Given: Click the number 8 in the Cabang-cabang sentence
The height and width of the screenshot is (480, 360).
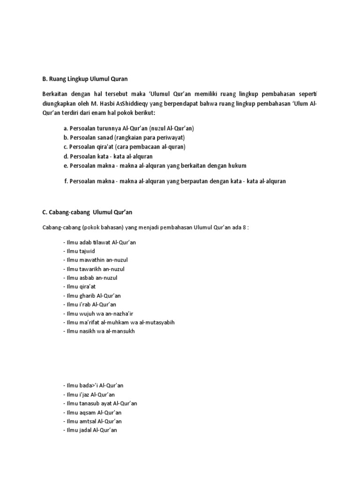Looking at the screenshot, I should click(x=246, y=227).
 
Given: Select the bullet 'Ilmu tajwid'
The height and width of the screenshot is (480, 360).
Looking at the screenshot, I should click(x=78, y=251).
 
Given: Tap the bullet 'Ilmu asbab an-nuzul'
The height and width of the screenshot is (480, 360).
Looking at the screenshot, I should click(x=90, y=278).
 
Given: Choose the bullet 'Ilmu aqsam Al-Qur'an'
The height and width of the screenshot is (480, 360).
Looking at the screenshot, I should click(x=91, y=412).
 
